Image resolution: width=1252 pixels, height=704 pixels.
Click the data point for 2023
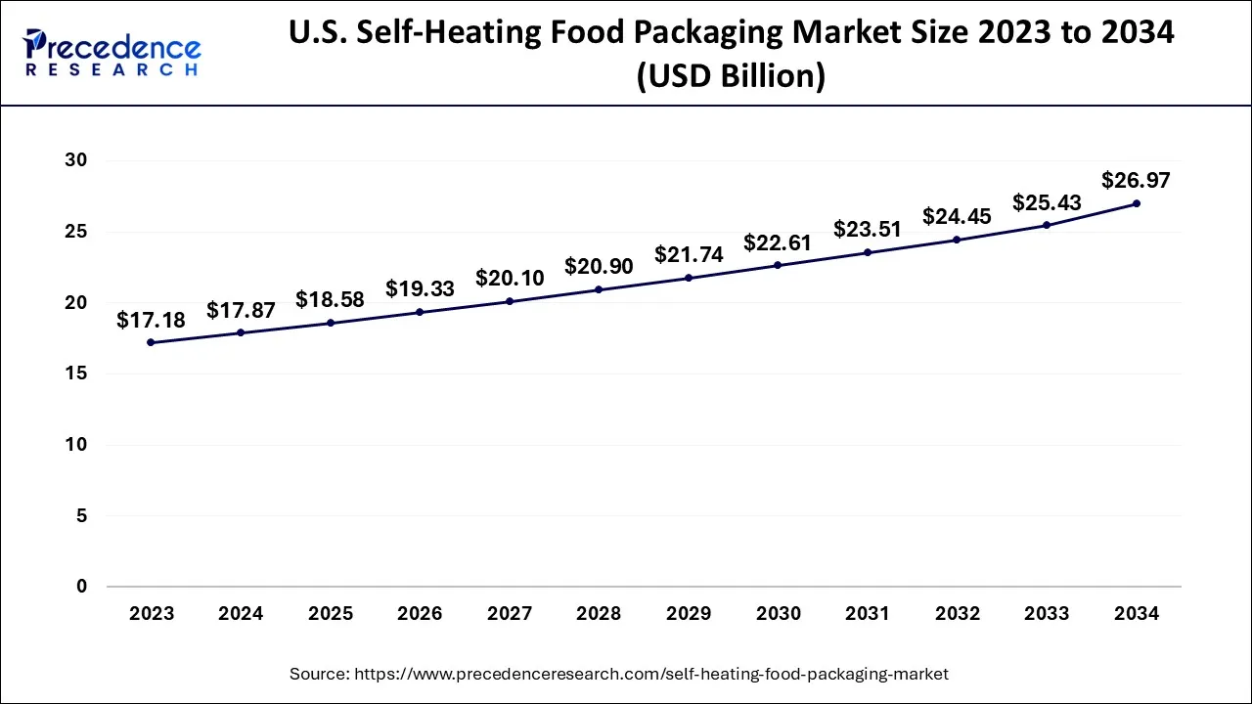click(152, 342)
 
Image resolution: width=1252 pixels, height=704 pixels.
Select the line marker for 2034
click(1136, 203)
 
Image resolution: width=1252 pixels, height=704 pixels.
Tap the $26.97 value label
click(1136, 180)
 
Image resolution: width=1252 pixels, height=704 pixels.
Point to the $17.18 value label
click(151, 320)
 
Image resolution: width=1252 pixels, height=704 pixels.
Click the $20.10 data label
click(510, 278)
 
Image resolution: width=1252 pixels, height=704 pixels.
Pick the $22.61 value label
click(778, 242)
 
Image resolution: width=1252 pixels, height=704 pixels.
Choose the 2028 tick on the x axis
click(599, 614)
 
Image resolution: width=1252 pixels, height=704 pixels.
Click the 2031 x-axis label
click(868, 614)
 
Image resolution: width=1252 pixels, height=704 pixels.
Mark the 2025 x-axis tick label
click(331, 614)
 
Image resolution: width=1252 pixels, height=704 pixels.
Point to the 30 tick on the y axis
click(75, 160)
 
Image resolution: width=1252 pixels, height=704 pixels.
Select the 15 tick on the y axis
click(75, 374)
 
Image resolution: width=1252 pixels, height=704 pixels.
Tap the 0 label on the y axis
click(82, 587)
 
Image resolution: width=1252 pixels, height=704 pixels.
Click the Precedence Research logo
click(112, 53)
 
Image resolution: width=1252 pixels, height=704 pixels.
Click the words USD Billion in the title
click(730, 76)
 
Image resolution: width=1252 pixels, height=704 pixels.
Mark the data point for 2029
click(689, 278)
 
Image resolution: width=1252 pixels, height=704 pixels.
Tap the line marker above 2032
click(957, 240)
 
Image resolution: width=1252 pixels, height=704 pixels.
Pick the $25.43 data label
click(1047, 202)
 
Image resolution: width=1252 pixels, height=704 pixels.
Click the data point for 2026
click(420, 312)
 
